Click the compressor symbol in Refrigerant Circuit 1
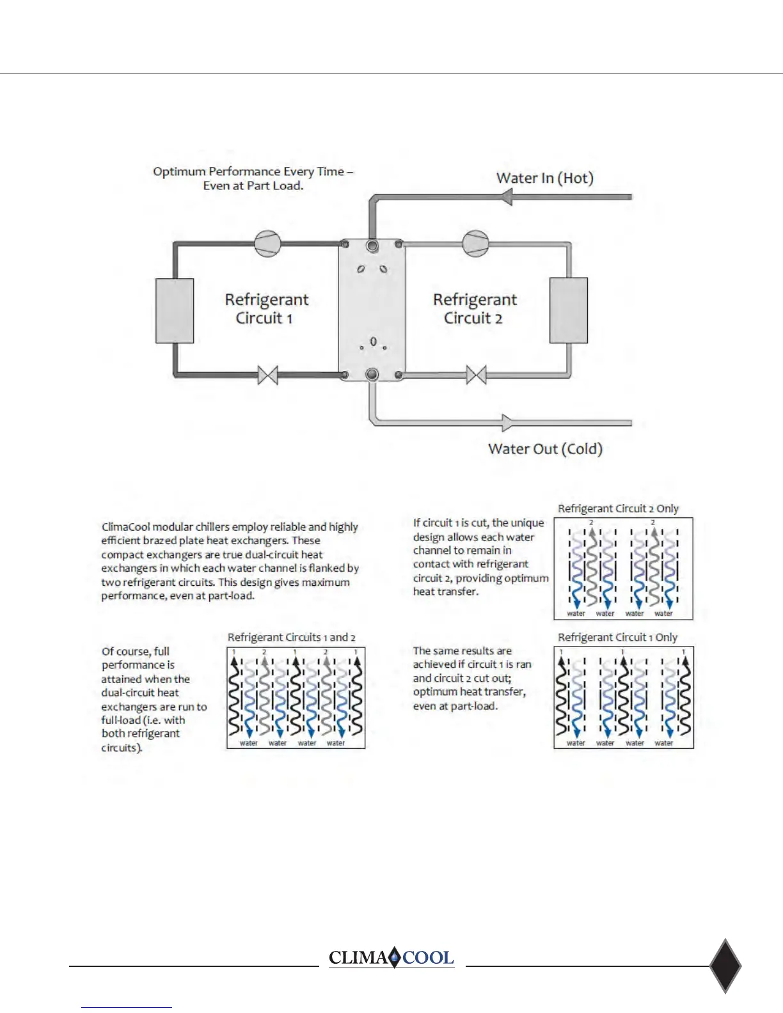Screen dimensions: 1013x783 [x=267, y=244]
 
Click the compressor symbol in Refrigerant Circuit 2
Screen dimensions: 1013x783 [x=475, y=244]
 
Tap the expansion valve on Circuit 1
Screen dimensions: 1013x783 [x=267, y=375]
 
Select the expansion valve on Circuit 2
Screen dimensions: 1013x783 [x=476, y=375]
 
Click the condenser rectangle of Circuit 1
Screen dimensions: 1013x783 [x=175, y=311]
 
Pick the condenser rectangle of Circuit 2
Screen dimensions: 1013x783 [x=569, y=310]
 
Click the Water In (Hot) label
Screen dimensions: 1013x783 [x=545, y=178]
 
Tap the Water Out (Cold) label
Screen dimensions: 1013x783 [x=545, y=449]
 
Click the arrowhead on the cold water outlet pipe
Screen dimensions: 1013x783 [x=507, y=423]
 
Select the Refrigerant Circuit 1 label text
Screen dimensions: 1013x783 [x=266, y=308]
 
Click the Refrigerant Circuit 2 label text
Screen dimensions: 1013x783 [x=475, y=308]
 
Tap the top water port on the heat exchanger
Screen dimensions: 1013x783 [x=372, y=246]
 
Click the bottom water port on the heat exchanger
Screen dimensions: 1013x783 [x=372, y=375]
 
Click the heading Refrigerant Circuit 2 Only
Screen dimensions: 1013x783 [x=618, y=508]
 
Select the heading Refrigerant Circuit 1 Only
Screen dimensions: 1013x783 [x=617, y=638]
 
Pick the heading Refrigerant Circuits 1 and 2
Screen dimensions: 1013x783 [x=291, y=638]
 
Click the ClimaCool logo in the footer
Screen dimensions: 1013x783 [x=391, y=957]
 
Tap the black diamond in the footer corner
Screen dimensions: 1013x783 [x=725, y=966]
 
